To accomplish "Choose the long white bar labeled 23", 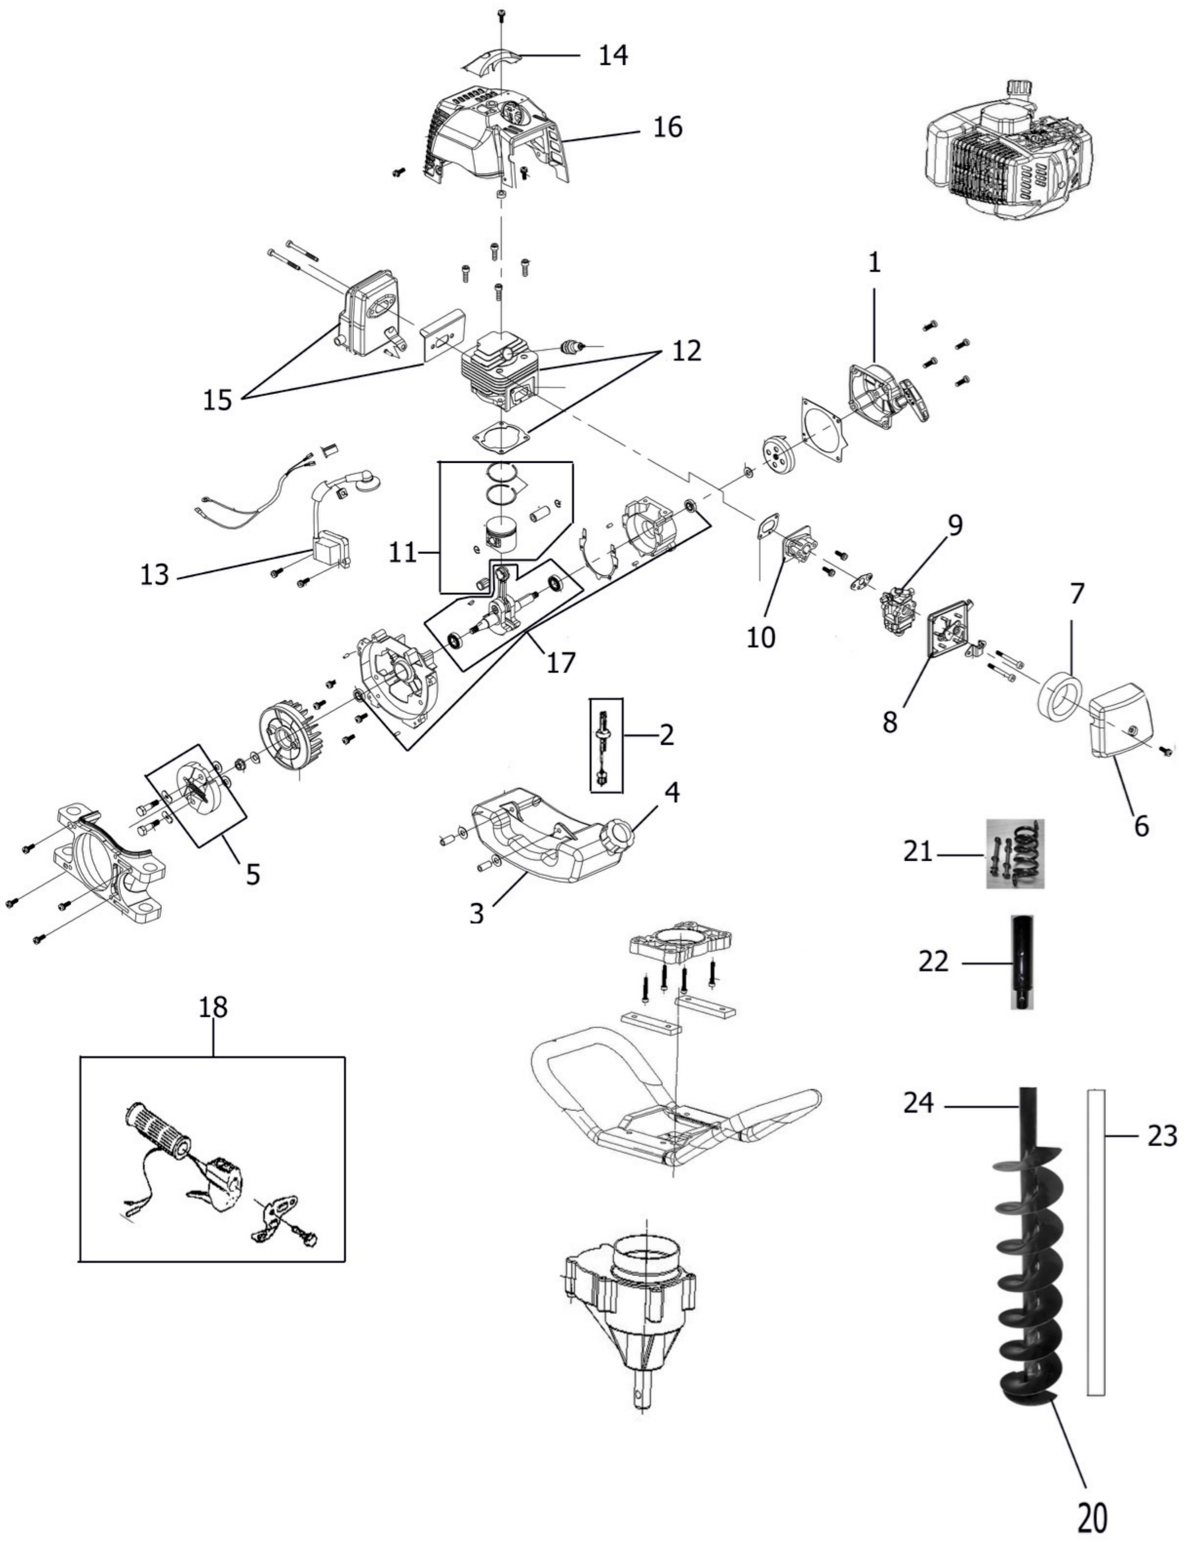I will click(x=1096, y=1241).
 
